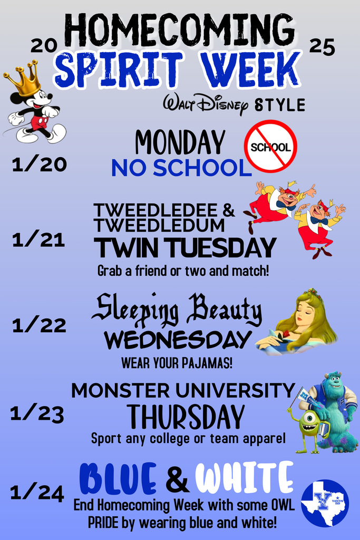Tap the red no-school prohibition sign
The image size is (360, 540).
270,146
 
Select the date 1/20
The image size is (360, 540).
39,164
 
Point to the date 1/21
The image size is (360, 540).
38,240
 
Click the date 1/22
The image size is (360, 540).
39,325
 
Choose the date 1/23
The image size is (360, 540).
37,413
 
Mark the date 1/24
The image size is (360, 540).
37,493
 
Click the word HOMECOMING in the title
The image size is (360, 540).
179,30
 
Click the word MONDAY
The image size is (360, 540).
180,142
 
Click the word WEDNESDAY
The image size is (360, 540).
178,340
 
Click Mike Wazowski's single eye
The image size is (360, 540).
309,418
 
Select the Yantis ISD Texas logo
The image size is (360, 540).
325,503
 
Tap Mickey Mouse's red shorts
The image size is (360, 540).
39,123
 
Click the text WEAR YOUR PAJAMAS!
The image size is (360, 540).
177,363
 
